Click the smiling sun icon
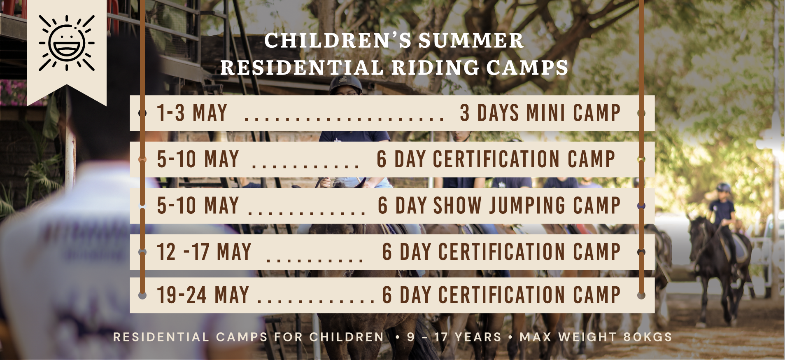click(67, 43)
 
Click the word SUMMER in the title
click(471, 41)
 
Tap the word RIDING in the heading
click(436, 68)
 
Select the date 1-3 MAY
click(192, 113)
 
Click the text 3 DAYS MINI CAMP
click(540, 113)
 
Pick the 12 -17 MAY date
click(204, 252)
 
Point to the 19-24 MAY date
click(203, 295)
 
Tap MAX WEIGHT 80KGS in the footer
click(596, 337)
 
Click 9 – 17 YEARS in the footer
click(454, 337)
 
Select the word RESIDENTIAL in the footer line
click(161, 337)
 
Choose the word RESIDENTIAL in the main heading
click(302, 68)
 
